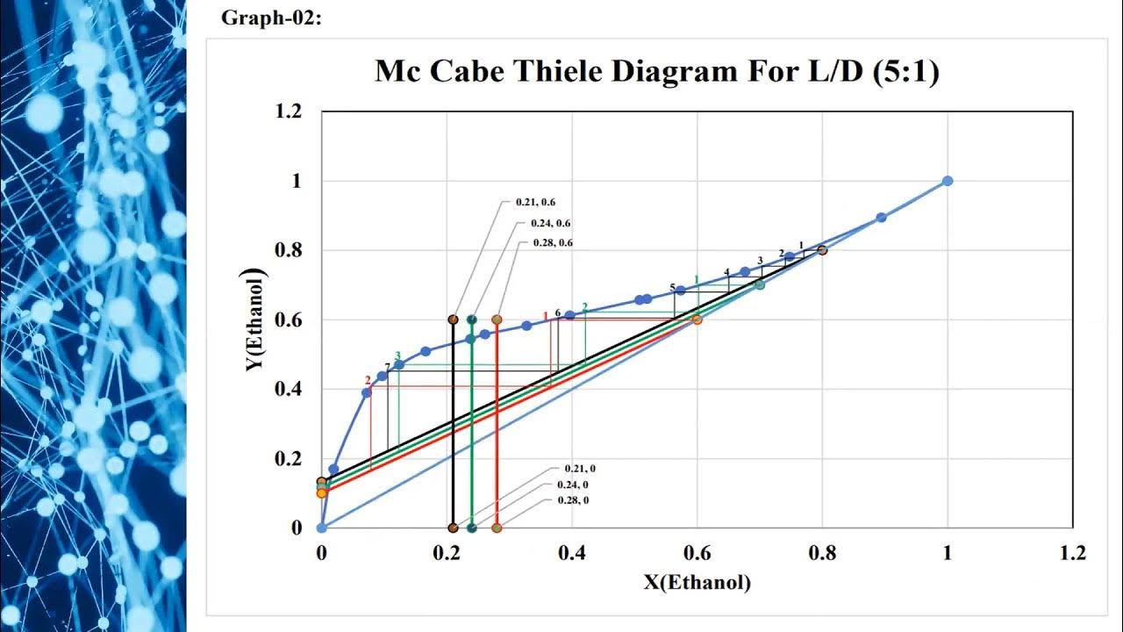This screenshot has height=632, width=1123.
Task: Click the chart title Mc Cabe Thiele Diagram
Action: tap(657, 70)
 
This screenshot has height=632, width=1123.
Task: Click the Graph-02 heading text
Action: tap(271, 18)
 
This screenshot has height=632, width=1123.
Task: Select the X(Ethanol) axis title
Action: tap(697, 582)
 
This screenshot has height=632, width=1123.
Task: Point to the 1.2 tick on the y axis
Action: tap(289, 111)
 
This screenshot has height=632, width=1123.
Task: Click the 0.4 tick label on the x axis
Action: tap(572, 553)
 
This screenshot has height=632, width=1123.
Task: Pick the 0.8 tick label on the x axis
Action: tap(822, 553)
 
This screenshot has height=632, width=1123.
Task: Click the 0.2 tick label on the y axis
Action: tap(289, 458)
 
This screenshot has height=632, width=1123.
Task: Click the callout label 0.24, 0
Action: tap(572, 485)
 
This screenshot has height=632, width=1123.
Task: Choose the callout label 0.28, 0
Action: tap(572, 499)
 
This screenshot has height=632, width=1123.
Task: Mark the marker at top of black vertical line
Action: tap(453, 320)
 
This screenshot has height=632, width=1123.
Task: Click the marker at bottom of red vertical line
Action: tap(497, 528)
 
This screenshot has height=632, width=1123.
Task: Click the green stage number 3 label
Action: tap(397, 355)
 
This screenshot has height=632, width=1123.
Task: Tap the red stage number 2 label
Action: tap(368, 380)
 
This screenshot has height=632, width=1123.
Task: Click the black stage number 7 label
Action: tap(387, 366)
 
